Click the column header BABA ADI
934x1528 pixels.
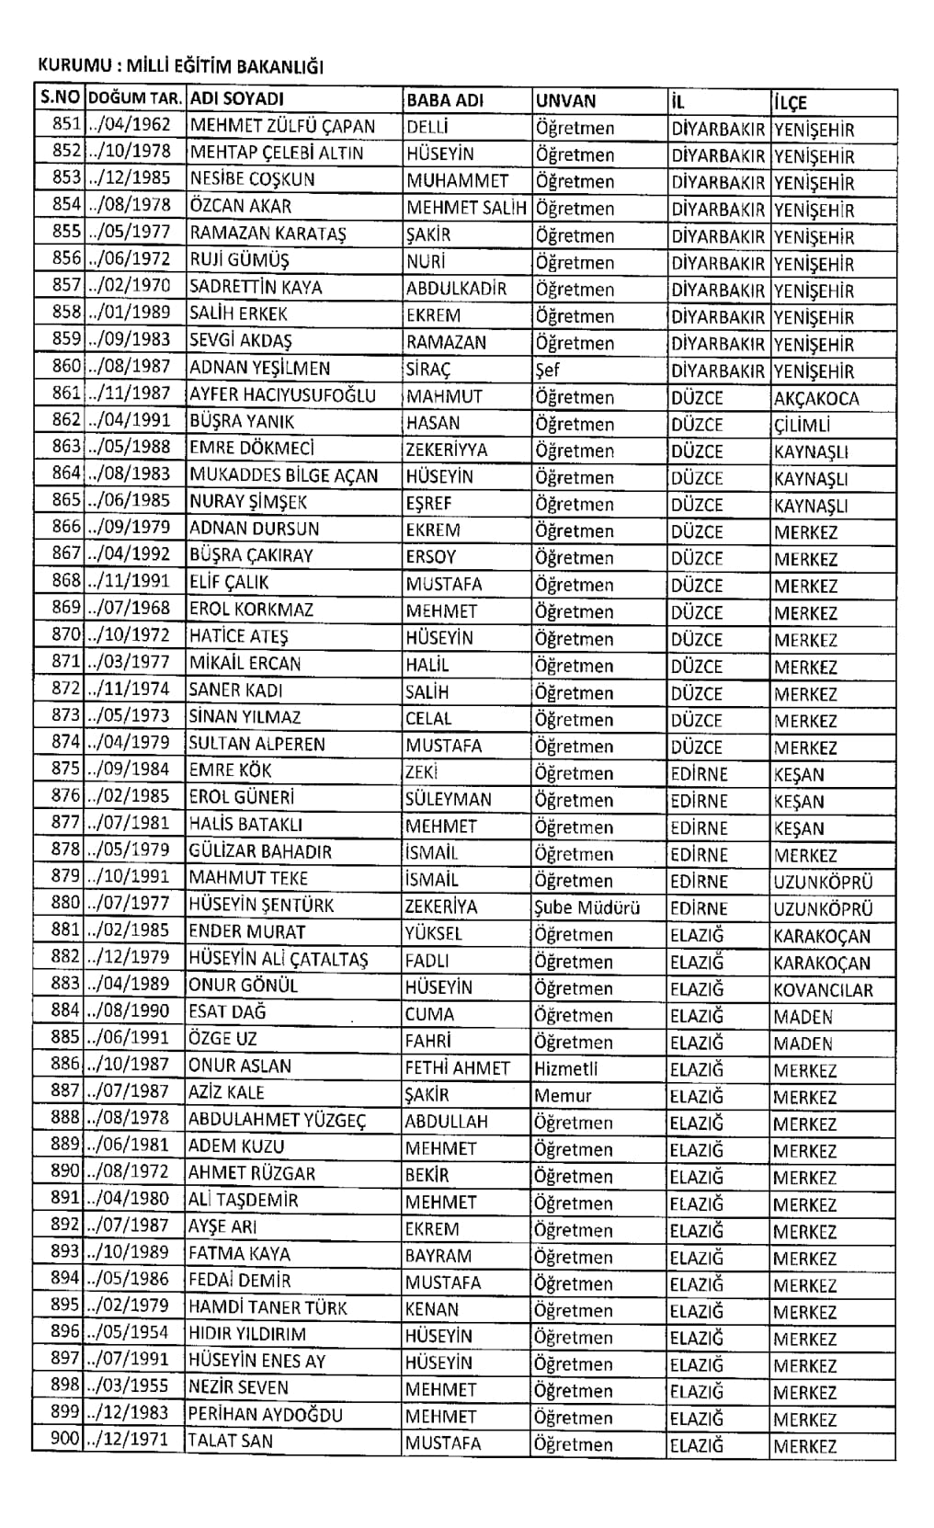click(444, 100)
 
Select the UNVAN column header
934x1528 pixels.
click(565, 101)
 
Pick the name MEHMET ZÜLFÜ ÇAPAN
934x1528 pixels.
click(281, 127)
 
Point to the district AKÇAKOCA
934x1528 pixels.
click(816, 399)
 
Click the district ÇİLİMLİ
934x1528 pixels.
click(802, 426)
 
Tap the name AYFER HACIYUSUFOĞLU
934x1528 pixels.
click(282, 395)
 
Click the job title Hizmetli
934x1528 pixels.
click(565, 1069)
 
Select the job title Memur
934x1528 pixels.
click(563, 1096)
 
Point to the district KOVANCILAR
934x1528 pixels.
click(823, 990)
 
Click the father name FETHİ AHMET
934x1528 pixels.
click(457, 1068)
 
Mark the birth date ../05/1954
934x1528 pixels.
click(129, 1334)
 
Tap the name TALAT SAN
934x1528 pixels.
click(230, 1442)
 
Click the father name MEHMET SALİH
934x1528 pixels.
click(466, 208)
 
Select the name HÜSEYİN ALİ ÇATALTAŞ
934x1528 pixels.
click(278, 959)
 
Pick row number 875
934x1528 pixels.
click(66, 770)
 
